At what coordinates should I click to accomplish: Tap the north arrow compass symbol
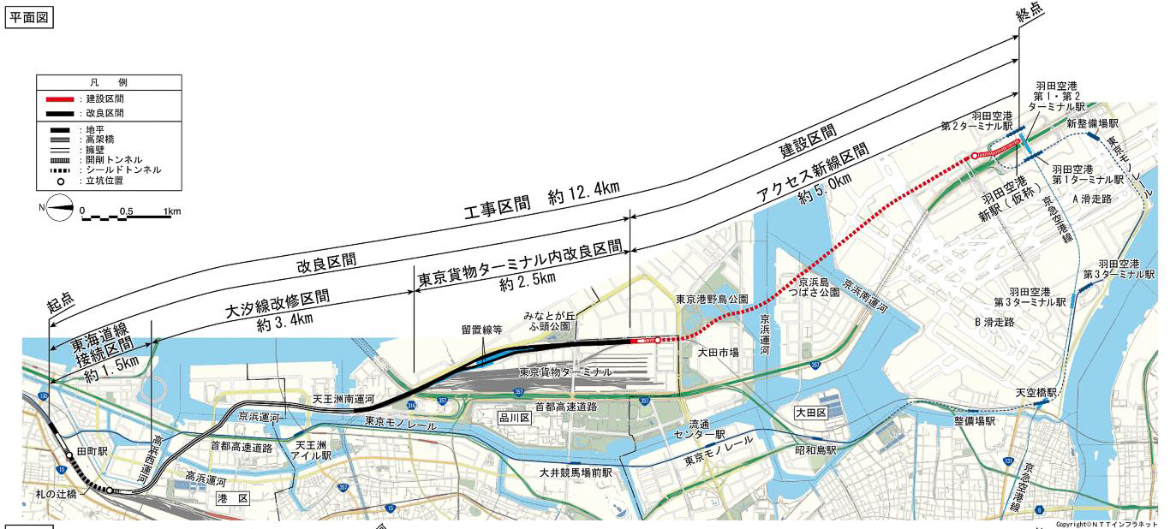[59, 209]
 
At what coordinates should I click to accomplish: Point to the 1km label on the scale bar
[172, 211]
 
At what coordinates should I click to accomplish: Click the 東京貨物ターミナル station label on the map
[565, 372]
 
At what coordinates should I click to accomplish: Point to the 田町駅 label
[91, 450]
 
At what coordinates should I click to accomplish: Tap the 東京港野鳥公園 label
[712, 300]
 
